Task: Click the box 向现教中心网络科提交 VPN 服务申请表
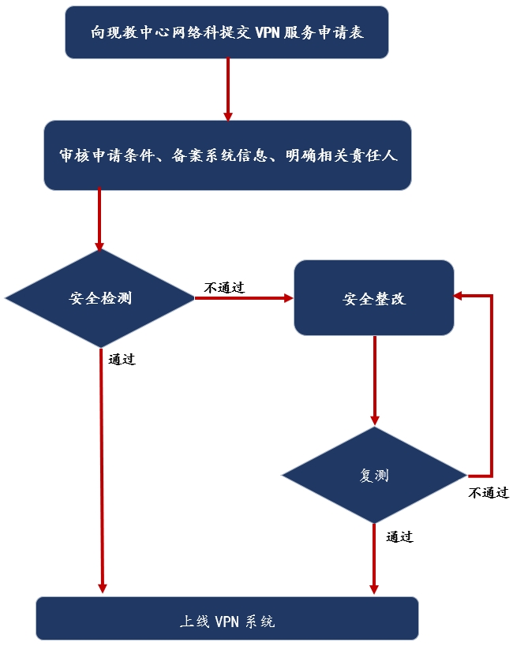click(x=227, y=32)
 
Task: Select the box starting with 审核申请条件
click(x=227, y=155)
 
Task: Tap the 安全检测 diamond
click(x=100, y=298)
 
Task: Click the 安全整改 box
click(x=374, y=299)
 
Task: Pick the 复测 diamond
click(x=374, y=476)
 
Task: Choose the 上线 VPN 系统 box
click(x=227, y=620)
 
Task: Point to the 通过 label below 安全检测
click(x=122, y=359)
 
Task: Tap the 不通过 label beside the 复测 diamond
click(x=489, y=493)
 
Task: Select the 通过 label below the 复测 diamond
click(x=400, y=537)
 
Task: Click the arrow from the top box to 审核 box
click(x=227, y=89)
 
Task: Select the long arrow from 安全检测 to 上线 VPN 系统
click(x=102, y=473)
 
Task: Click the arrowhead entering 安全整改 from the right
click(x=459, y=296)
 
